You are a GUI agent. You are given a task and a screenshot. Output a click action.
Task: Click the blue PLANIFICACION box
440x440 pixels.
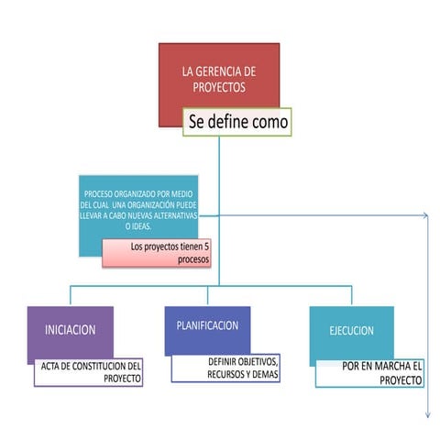click(x=207, y=327)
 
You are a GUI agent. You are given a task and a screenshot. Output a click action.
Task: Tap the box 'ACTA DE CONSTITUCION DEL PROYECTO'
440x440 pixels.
click(x=89, y=371)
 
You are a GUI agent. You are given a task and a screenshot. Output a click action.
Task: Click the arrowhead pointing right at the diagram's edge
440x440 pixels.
click(x=425, y=216)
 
